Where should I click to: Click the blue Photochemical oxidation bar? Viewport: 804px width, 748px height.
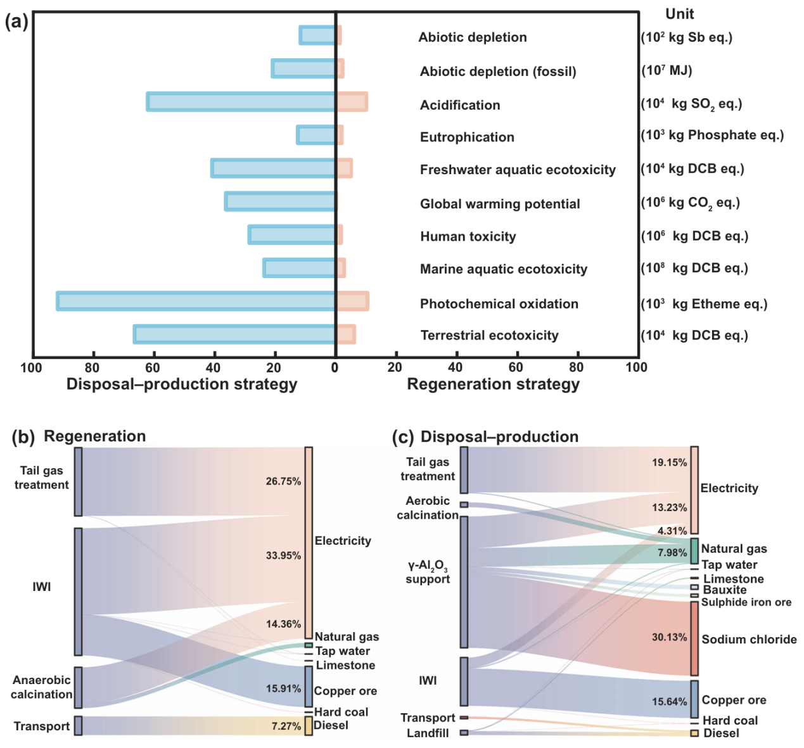click(x=196, y=301)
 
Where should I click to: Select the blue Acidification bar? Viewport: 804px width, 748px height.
click(x=241, y=101)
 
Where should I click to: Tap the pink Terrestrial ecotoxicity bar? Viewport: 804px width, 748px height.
click(x=346, y=334)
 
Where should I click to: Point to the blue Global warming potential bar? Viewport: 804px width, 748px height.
click(x=281, y=201)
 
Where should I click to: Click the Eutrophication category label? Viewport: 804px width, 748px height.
click(x=467, y=137)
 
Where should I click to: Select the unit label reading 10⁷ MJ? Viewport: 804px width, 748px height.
click(x=666, y=70)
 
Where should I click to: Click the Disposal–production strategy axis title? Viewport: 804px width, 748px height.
click(x=182, y=384)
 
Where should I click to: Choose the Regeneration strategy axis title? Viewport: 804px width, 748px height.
click(x=493, y=384)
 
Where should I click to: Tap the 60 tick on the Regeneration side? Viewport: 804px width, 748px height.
click(x=516, y=367)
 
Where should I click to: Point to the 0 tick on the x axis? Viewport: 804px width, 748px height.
click(x=335, y=367)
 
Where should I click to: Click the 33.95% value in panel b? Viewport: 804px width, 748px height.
click(x=283, y=555)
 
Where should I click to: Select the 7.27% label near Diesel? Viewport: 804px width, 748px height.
click(x=286, y=726)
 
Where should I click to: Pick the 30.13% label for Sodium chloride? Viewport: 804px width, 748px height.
click(x=669, y=637)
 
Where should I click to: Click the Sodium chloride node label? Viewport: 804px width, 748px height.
click(x=749, y=640)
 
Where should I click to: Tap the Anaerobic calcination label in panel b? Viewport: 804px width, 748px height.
click(x=42, y=687)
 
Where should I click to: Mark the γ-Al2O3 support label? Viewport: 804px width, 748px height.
click(x=428, y=572)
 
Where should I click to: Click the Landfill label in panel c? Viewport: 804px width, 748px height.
click(x=428, y=733)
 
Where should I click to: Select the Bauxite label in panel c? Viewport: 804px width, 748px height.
click(x=725, y=590)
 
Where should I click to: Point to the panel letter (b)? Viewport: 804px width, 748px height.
click(x=23, y=437)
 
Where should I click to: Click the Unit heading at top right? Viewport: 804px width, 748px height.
click(x=679, y=14)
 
